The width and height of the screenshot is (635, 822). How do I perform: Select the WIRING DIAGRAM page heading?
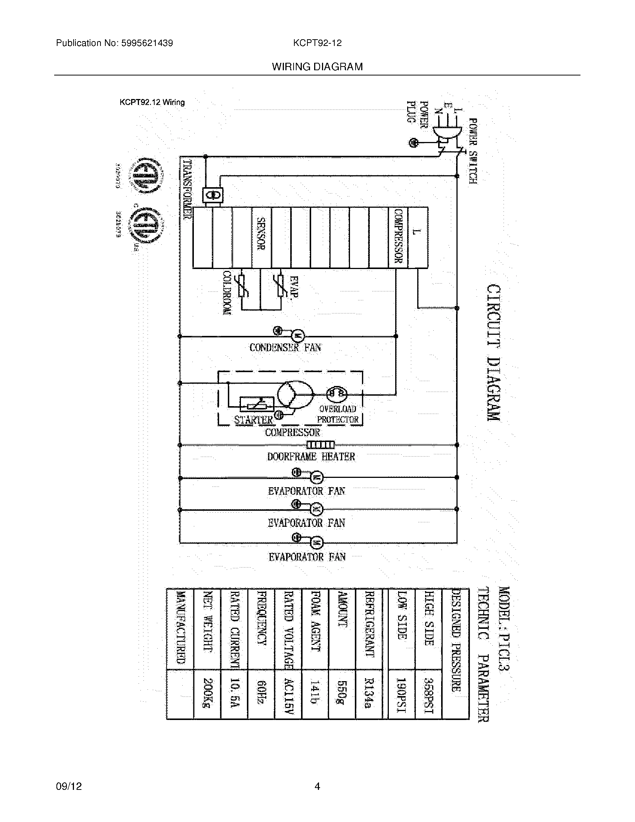[317, 67]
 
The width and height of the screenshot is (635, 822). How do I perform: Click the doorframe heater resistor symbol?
[320, 445]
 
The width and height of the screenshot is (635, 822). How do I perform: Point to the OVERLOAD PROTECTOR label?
[338, 414]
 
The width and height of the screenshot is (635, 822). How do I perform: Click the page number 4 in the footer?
[317, 786]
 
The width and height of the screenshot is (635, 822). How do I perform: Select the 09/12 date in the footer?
[68, 786]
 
